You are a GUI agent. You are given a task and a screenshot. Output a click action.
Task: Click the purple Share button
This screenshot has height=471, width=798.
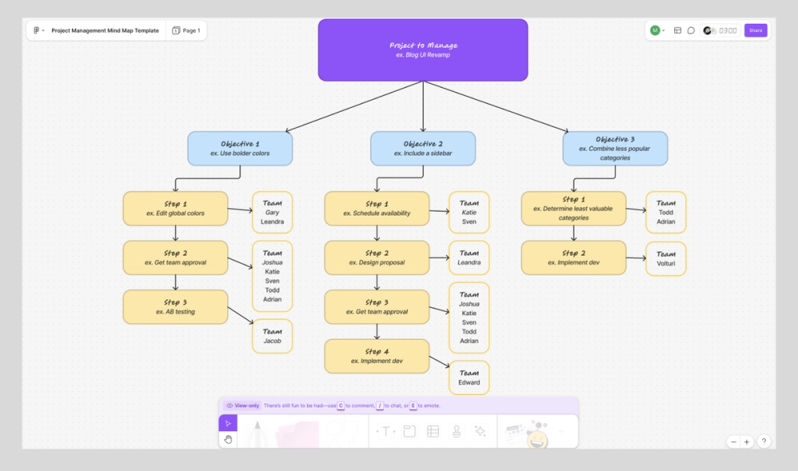755,30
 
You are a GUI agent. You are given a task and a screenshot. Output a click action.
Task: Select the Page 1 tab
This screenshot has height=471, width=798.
187,30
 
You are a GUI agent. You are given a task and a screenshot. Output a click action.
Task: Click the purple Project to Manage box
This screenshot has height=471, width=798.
423,50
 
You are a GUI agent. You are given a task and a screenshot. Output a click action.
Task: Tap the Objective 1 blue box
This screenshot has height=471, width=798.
240,148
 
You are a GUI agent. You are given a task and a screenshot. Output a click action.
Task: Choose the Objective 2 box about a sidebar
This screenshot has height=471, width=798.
423,148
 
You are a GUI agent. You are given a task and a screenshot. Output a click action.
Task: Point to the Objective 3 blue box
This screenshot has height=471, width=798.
615,148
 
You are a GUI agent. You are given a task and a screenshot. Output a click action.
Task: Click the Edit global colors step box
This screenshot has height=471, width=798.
176,208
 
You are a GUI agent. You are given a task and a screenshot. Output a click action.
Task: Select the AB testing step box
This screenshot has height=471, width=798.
176,307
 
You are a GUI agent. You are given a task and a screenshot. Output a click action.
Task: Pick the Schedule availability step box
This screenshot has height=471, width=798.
377,208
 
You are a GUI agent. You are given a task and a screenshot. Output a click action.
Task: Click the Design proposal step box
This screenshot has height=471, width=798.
377,258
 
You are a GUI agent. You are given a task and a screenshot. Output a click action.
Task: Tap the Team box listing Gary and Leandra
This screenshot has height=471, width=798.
272,212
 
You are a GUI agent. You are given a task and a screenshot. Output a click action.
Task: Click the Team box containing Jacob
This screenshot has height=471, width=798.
272,336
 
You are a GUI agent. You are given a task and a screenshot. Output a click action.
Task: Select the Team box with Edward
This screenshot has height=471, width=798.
469,378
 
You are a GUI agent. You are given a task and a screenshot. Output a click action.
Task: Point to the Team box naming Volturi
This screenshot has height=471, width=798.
666,259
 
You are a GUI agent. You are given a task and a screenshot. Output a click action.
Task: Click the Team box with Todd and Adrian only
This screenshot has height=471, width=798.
666,212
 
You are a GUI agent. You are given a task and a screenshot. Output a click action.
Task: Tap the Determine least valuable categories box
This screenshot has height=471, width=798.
574,208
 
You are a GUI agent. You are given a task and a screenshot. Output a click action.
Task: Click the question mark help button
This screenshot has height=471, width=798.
764,441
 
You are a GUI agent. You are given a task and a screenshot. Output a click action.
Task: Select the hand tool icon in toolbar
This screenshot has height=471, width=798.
227,439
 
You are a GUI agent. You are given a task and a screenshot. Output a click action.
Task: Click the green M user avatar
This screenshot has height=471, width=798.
655,30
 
